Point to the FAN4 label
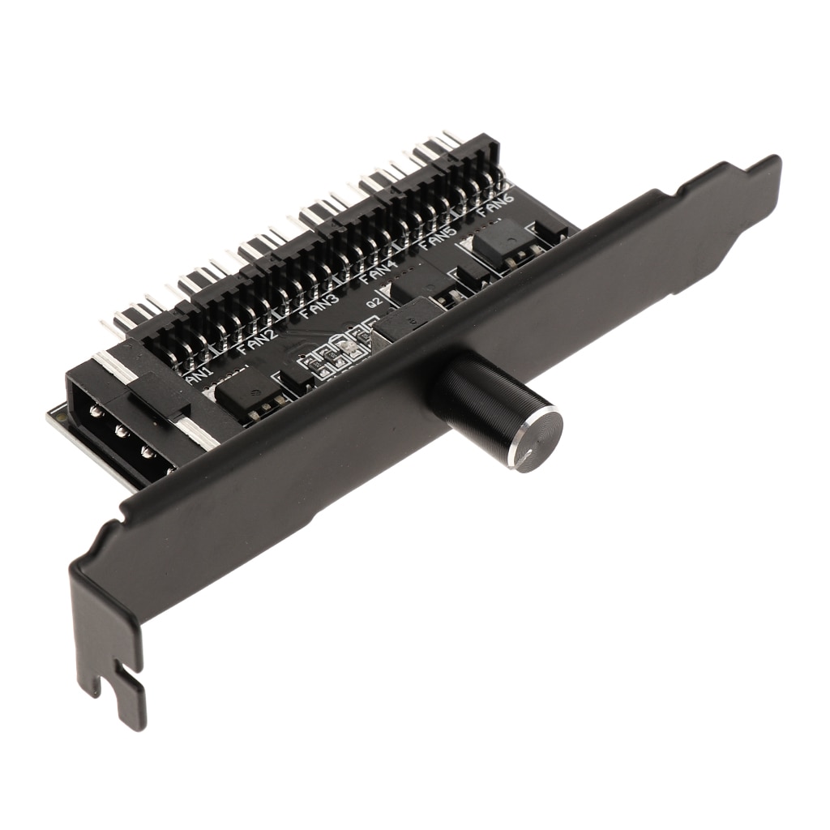click(379, 271)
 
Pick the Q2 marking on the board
click(374, 305)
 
